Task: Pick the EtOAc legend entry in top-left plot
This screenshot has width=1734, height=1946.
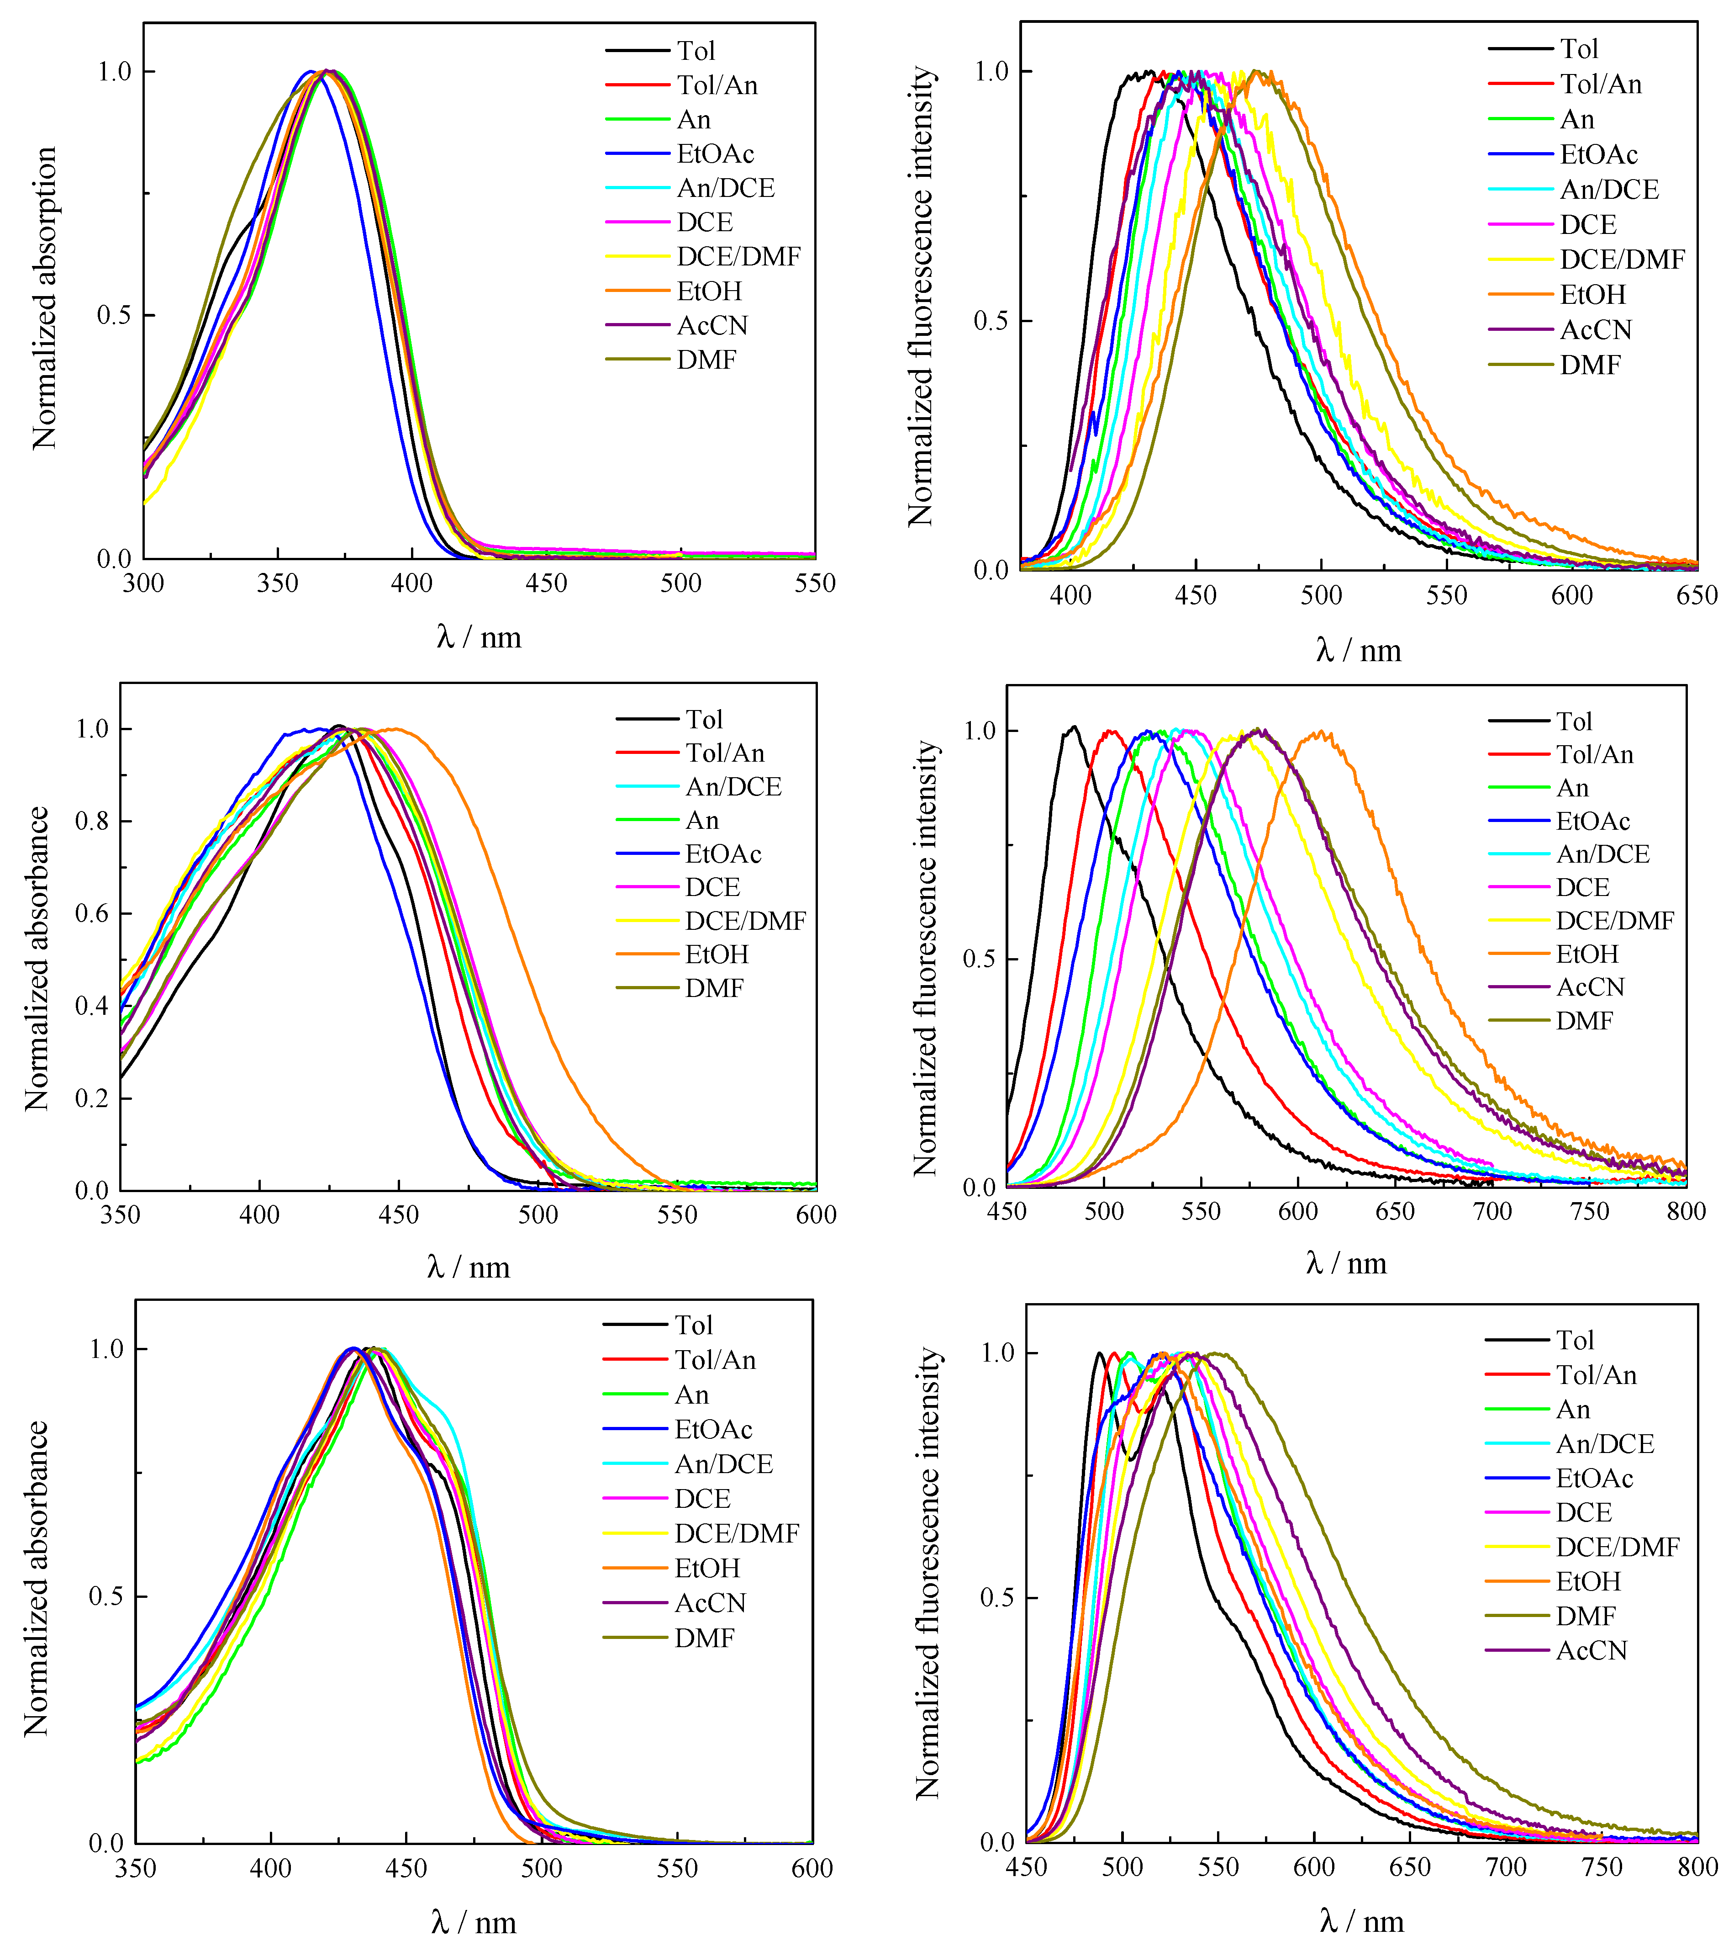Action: coord(715,154)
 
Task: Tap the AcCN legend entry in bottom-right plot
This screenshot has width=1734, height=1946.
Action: coord(1591,1650)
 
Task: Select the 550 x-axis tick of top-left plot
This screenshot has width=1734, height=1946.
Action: coord(815,583)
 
